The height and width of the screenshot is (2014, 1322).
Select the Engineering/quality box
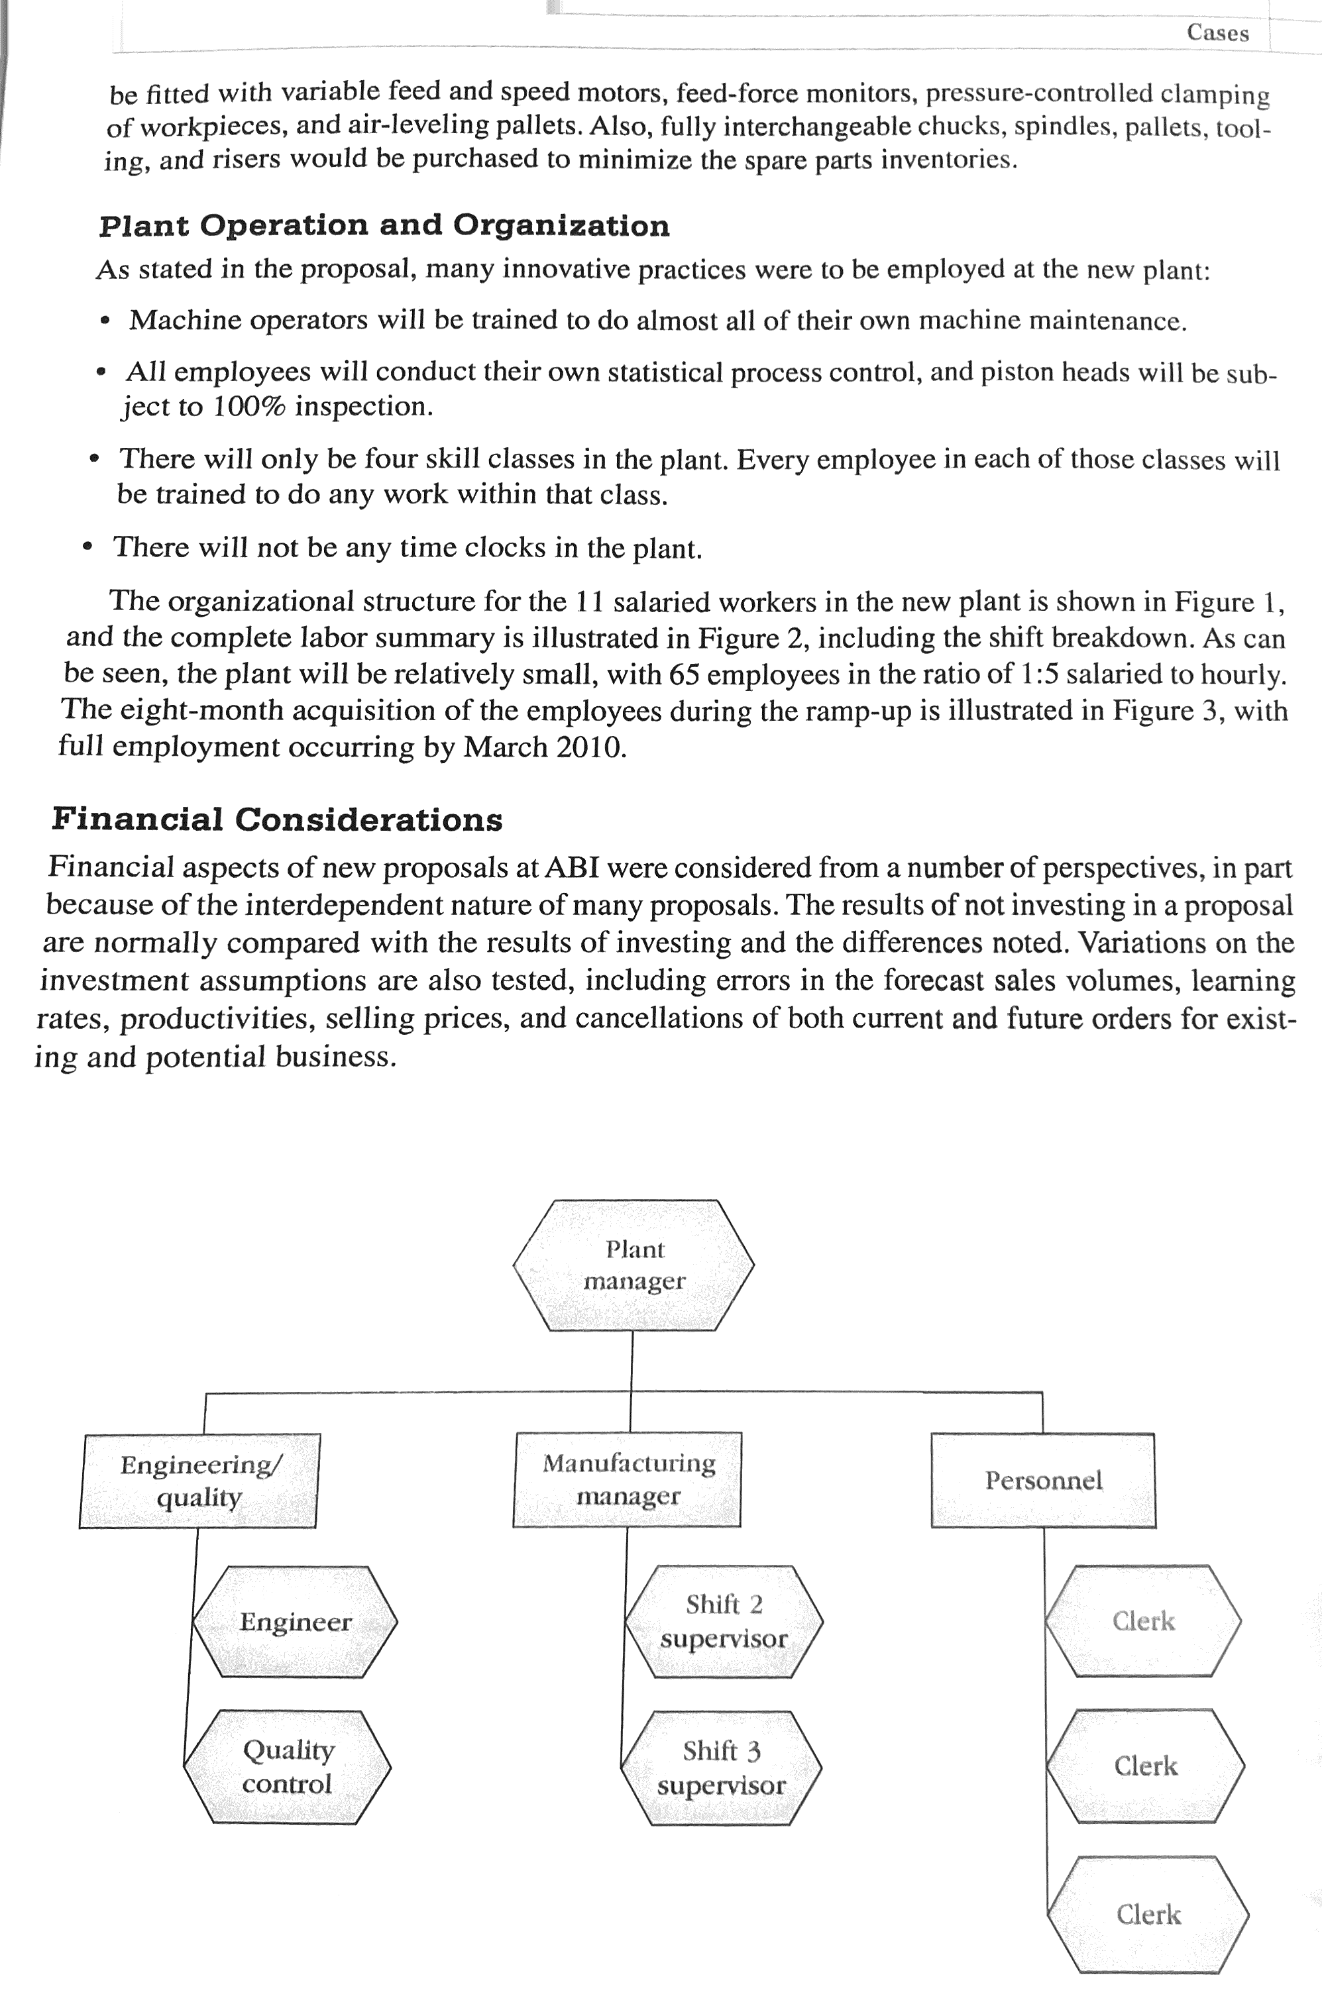(199, 1481)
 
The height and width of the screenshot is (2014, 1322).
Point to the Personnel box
(1043, 1480)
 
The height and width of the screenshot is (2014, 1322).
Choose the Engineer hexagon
(294, 1621)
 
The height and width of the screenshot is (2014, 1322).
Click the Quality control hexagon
(287, 1767)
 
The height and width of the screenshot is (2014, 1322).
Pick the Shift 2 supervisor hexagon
(724, 1621)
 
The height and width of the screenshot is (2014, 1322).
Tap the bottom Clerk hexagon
(1148, 1914)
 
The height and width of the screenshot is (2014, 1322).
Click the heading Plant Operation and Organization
(384, 226)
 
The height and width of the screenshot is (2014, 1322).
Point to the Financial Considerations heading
(277, 819)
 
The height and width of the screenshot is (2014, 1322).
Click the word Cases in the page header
(1217, 33)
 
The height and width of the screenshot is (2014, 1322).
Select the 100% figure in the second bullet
(248, 407)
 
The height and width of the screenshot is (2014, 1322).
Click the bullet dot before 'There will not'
(87, 547)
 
